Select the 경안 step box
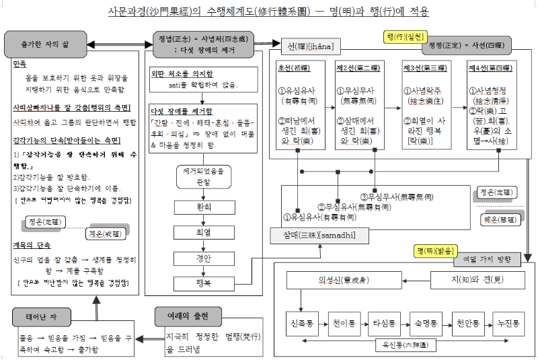[202, 258]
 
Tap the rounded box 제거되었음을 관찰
[202, 176]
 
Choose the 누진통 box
[508, 324]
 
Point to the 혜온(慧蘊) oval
[499, 219]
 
